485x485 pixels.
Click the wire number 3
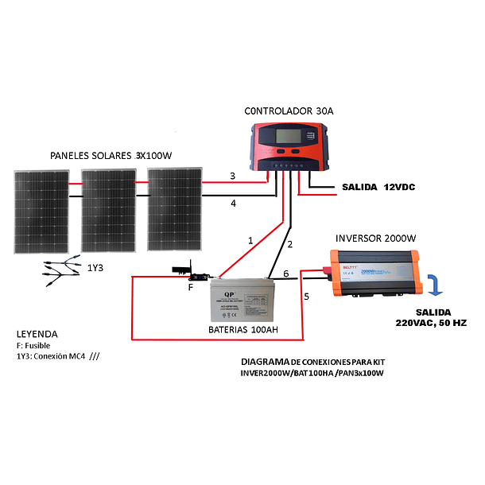(x=232, y=176)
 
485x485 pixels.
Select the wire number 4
(x=233, y=204)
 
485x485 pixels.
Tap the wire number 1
(x=250, y=239)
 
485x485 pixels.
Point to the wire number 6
(x=286, y=274)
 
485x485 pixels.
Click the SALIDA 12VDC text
(x=378, y=188)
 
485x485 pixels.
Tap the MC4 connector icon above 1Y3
(x=61, y=267)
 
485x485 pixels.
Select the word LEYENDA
(x=37, y=334)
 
